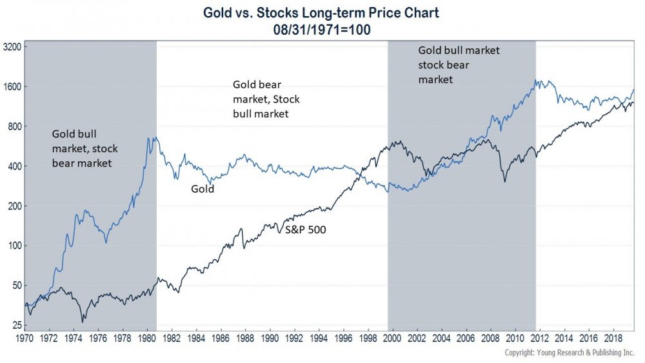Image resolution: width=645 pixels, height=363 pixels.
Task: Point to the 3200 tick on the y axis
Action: (x=14, y=47)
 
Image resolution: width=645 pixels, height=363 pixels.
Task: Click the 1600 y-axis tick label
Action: (x=14, y=87)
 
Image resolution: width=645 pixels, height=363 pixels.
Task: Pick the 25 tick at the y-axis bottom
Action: (x=17, y=326)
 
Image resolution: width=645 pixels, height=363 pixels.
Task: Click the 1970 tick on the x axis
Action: (x=24, y=337)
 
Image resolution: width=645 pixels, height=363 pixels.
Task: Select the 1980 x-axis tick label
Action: (x=148, y=337)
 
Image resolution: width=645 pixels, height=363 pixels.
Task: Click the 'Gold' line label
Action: (x=202, y=190)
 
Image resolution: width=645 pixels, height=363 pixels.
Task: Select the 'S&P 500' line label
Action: (x=305, y=228)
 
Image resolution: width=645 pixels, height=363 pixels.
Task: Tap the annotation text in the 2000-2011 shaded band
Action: (x=459, y=64)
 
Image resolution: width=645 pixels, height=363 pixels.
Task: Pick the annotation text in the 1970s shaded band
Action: (x=84, y=148)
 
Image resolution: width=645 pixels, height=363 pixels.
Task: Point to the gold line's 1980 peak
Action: (x=152, y=137)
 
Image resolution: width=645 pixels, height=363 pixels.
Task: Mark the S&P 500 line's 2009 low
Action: (x=504, y=182)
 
